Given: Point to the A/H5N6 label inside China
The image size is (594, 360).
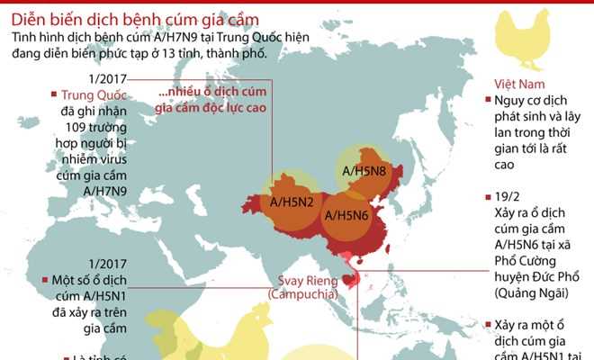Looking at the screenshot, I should (348, 215).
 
